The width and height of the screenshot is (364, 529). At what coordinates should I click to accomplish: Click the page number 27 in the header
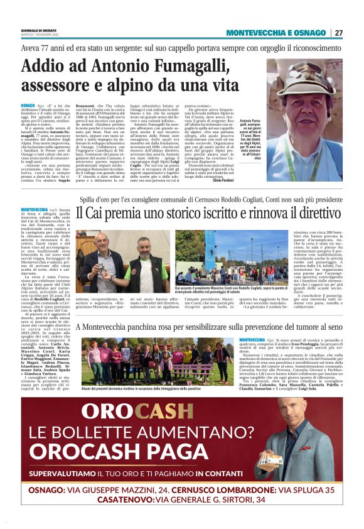click(338, 33)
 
